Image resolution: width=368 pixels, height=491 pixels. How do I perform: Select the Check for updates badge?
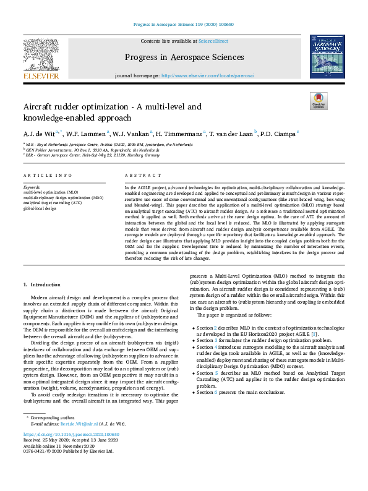tap(319, 100)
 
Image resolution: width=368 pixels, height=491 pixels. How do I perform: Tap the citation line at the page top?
tap(184, 25)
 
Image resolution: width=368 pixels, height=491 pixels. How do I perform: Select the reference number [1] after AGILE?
tap(315, 334)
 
